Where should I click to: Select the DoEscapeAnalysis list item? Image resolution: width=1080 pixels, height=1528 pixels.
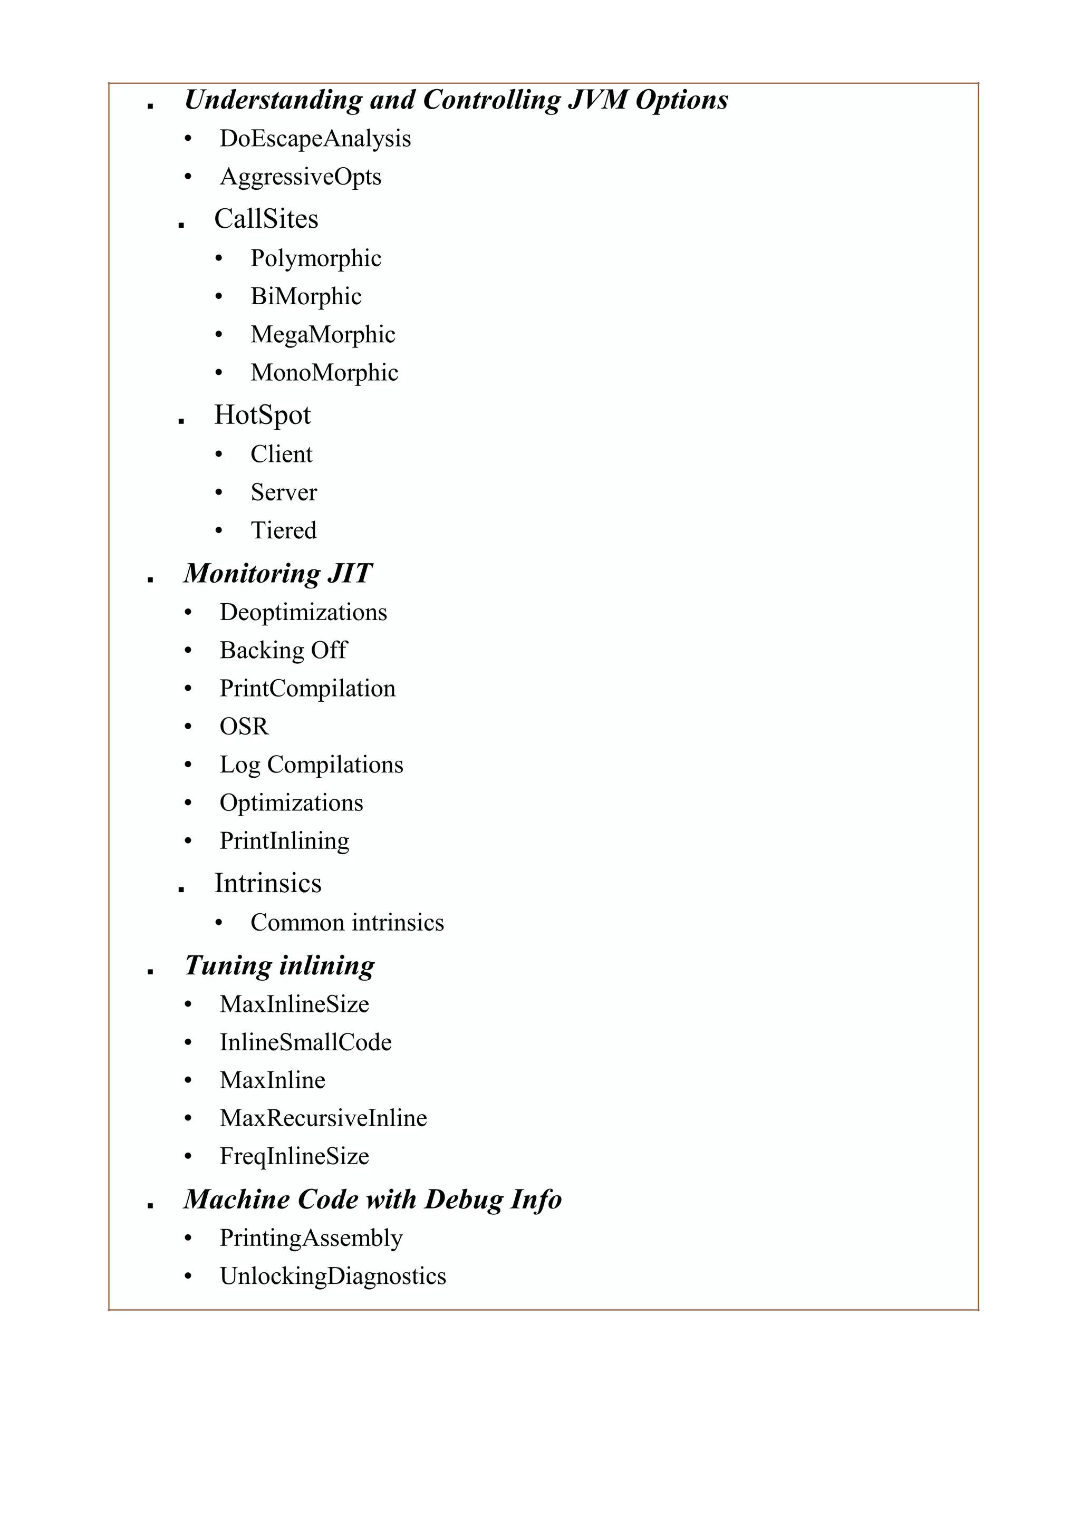tap(315, 139)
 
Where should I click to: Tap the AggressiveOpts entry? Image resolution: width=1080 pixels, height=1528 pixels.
tap(300, 177)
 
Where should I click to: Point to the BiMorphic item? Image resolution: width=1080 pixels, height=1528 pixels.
tap(305, 297)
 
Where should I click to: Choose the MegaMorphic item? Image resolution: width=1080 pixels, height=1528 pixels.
tap(322, 335)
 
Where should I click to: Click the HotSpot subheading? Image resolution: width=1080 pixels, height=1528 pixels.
tap(262, 415)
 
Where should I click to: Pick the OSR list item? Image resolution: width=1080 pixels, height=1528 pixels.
tap(244, 727)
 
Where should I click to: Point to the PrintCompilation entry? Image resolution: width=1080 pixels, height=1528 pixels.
tap(307, 689)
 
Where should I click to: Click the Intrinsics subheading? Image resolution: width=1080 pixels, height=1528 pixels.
tap(267, 884)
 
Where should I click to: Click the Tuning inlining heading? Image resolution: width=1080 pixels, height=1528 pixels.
tap(279, 965)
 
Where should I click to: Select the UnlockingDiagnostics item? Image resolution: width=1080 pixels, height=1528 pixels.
tap(332, 1276)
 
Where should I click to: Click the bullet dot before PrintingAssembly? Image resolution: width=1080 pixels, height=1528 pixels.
tap(188, 1239)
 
